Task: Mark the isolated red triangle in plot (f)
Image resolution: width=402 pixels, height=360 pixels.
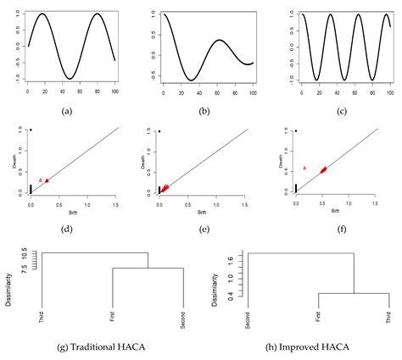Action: [x=304, y=169]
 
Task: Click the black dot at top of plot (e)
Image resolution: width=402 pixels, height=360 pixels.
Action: [x=159, y=131]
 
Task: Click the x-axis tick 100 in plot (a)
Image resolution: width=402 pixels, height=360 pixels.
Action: [x=115, y=91]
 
